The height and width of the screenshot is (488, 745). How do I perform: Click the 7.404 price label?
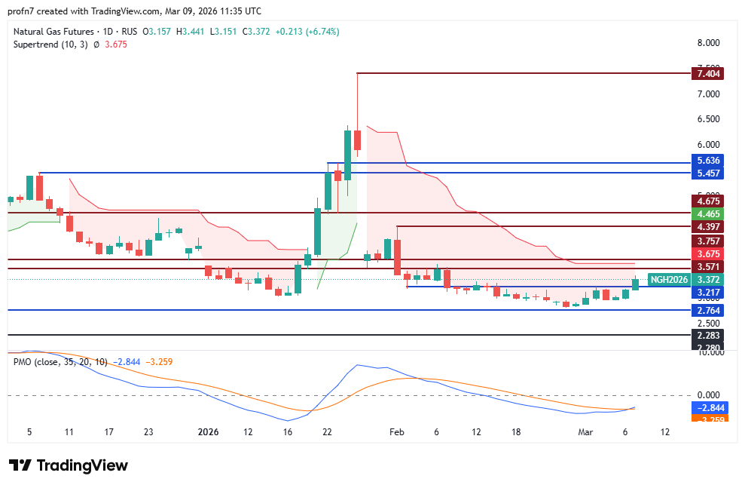coord(709,73)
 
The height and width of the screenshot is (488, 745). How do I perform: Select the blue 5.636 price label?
coord(709,161)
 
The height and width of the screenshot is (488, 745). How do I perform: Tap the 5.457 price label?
coord(709,173)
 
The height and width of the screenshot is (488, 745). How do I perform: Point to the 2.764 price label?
coord(709,310)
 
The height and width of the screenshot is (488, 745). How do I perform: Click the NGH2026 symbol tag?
coord(669,280)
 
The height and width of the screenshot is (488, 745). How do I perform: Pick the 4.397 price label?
coord(709,226)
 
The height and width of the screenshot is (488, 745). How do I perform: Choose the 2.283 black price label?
coord(709,335)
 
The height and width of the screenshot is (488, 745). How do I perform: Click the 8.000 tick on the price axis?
coord(709,42)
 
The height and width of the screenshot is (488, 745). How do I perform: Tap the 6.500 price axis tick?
coord(709,119)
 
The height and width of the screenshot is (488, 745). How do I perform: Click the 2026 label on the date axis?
coord(208,432)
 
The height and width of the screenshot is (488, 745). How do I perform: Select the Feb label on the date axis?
coord(397,432)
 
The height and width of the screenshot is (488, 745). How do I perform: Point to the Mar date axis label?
coord(585,432)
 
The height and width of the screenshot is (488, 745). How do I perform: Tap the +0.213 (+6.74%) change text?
coord(307,32)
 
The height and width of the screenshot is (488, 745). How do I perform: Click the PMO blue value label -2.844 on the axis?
coord(709,407)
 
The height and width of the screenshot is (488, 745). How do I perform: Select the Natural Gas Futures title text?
coord(53,32)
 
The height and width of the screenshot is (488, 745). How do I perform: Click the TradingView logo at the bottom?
coord(69,465)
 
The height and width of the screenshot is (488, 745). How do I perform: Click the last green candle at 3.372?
coord(635,284)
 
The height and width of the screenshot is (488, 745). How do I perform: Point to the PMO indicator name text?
coord(22,361)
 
